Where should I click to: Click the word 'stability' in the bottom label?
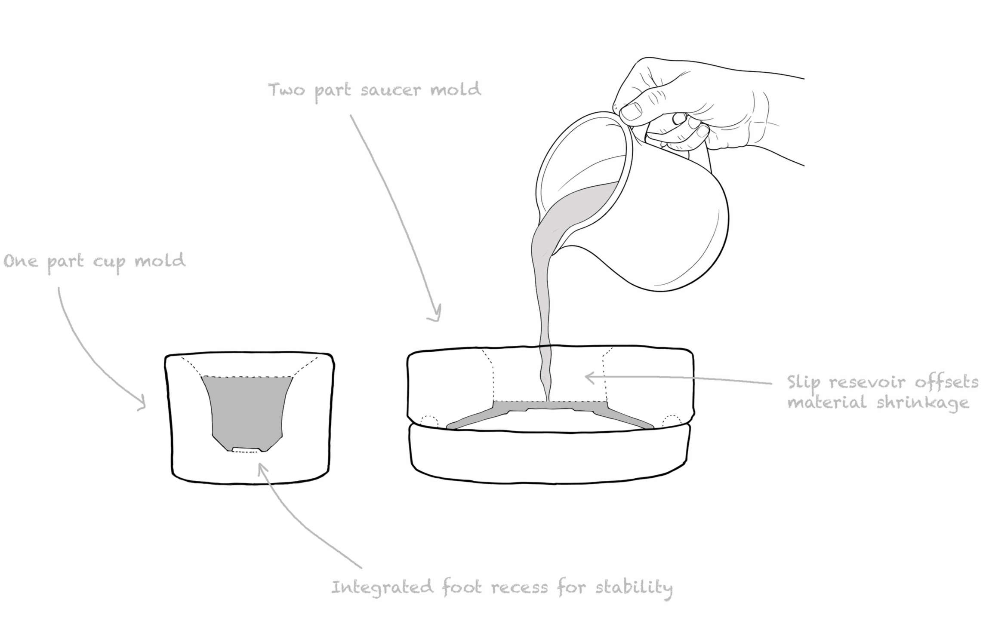click(634, 587)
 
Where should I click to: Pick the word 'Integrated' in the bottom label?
click(382, 587)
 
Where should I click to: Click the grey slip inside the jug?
click(581, 202)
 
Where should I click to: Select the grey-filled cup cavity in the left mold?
click(247, 409)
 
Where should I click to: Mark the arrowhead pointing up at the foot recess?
click(260, 467)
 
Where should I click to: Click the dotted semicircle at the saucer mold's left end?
click(429, 422)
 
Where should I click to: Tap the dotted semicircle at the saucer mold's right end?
click(672, 421)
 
